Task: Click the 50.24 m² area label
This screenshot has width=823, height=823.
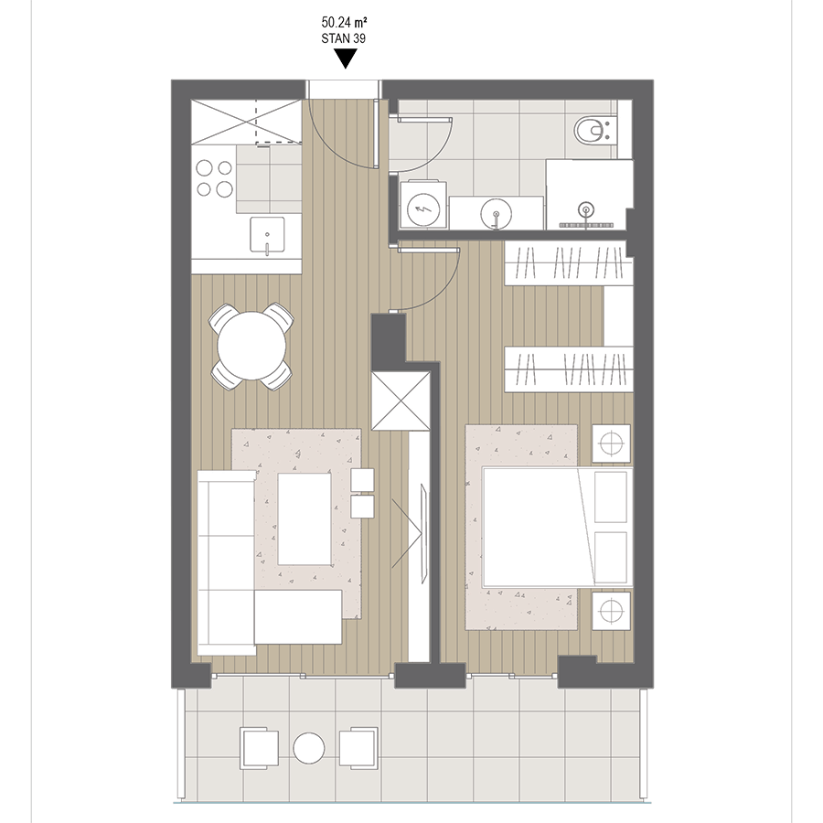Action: pyautogui.click(x=344, y=22)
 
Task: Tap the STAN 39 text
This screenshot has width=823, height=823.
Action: pyautogui.click(x=343, y=38)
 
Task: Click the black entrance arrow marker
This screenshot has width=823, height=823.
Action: pyautogui.click(x=346, y=59)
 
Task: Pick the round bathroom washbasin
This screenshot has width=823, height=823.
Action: pyautogui.click(x=496, y=214)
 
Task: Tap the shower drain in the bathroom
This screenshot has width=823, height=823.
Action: pyautogui.click(x=586, y=210)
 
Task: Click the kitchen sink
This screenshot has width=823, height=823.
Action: pyautogui.click(x=267, y=235)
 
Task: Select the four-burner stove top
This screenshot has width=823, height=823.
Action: pyautogui.click(x=214, y=178)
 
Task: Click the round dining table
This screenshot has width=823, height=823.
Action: pyautogui.click(x=251, y=346)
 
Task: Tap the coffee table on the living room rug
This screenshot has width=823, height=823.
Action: pyautogui.click(x=305, y=519)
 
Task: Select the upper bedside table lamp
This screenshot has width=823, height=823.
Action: pyautogui.click(x=611, y=443)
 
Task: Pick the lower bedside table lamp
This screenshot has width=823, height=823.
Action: pyautogui.click(x=611, y=611)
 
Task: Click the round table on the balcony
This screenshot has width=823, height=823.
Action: pyautogui.click(x=309, y=748)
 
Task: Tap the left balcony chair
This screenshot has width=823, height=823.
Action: pyautogui.click(x=260, y=748)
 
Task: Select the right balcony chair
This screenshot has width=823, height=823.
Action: pyautogui.click(x=358, y=748)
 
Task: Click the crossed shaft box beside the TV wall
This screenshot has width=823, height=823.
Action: pyautogui.click(x=401, y=401)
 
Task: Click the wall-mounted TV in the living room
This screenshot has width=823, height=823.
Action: pyautogui.click(x=423, y=533)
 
